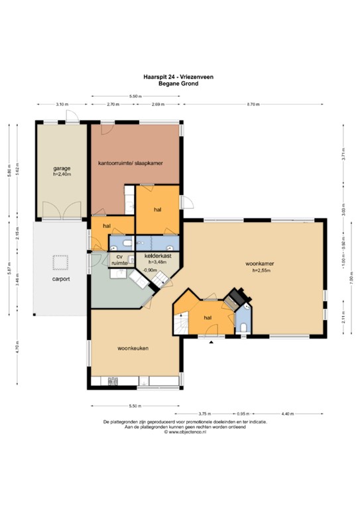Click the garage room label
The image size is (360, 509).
pyautogui.click(x=62, y=168)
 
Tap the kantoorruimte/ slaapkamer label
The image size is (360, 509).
pyautogui.click(x=130, y=162)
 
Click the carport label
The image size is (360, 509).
pyautogui.click(x=61, y=279)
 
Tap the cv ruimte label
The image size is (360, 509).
pyautogui.click(x=119, y=260)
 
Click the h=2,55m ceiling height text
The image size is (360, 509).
pyautogui.click(x=263, y=270)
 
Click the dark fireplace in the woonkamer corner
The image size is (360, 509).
pyautogui.click(x=236, y=296)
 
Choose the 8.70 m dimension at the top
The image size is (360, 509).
pyautogui.click(x=253, y=105)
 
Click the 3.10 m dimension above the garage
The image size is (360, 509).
pyautogui.click(x=61, y=105)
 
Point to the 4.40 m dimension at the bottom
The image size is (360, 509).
pyautogui.click(x=286, y=414)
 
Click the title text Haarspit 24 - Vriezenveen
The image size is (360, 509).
pyautogui.click(x=180, y=77)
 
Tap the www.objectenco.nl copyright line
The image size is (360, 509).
pyautogui.click(x=180, y=432)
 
